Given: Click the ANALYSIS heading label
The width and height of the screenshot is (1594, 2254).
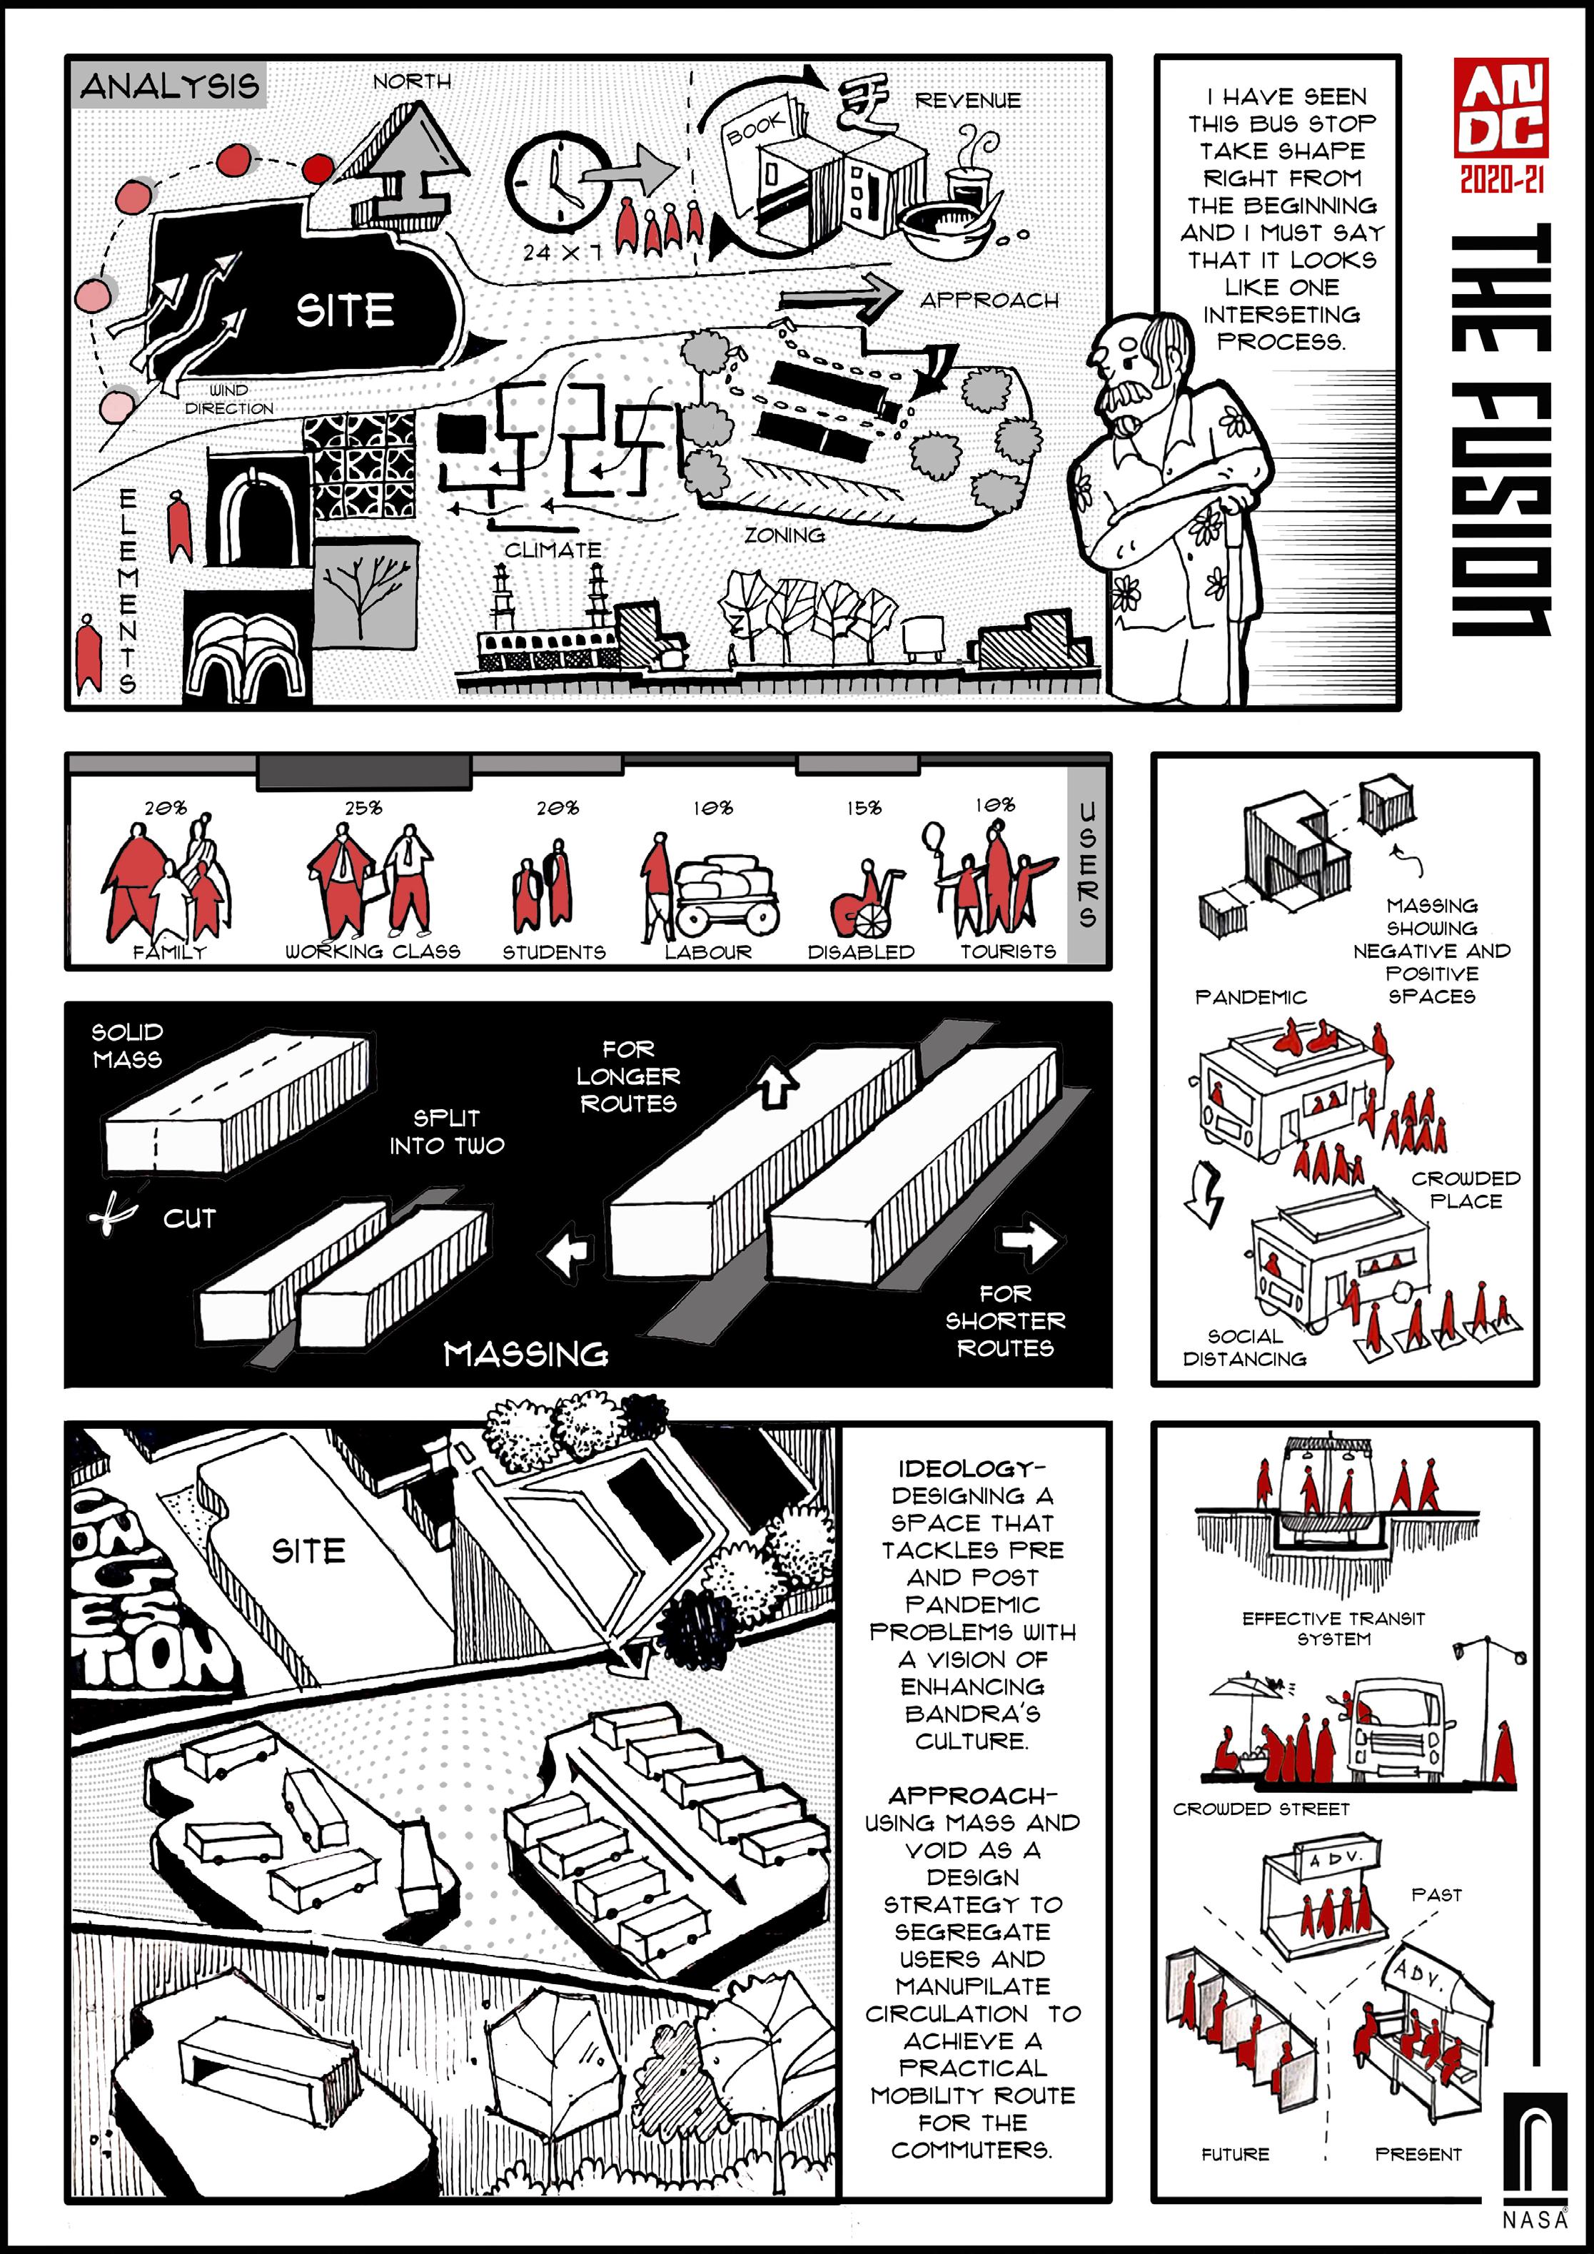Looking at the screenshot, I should tap(170, 86).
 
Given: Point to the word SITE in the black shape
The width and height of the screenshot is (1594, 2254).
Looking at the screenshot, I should tap(345, 310).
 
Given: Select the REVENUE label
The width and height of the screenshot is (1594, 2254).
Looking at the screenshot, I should tap(967, 100).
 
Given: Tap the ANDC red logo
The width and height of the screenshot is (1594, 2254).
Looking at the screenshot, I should tap(1500, 108).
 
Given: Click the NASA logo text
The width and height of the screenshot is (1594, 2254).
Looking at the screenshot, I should tap(1534, 2220).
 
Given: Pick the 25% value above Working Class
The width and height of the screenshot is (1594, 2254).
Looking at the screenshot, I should tap(363, 808).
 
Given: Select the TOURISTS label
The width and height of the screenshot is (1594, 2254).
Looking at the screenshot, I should tap(1008, 951).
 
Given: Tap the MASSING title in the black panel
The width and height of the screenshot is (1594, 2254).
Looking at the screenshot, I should tap(525, 1354).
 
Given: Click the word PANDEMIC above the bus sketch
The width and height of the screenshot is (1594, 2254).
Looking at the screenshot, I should tap(1250, 997).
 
